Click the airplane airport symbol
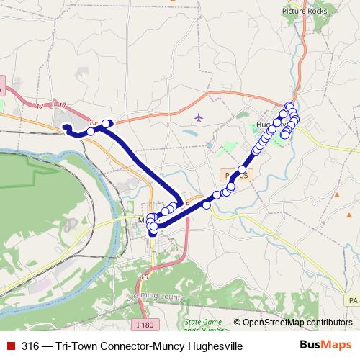pos(199,117)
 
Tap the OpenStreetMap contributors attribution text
pos(297,323)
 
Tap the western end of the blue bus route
pos(65,127)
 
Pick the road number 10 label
pos(145,276)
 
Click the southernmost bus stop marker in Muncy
pos(153,232)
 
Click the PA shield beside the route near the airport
pos(228,175)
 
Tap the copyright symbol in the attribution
pos(238,323)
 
